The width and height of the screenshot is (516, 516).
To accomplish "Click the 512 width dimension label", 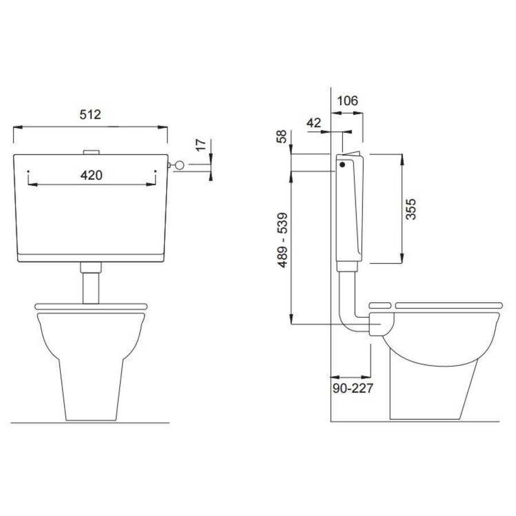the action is pos(90,115).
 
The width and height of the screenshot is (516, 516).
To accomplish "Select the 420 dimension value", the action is pos(91,175).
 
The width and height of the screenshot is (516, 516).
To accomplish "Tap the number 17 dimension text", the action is pos(201,145).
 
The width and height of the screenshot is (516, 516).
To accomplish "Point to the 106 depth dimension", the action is pos(348,100).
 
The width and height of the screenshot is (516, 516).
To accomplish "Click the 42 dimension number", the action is pos(313,123).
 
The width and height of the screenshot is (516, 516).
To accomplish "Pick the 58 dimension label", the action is pos(282,136).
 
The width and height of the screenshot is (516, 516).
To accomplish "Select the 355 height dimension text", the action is pos(411,209).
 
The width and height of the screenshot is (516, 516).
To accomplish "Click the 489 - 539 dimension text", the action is pos(282,240).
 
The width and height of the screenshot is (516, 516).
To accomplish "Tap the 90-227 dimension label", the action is pos(353,388).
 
